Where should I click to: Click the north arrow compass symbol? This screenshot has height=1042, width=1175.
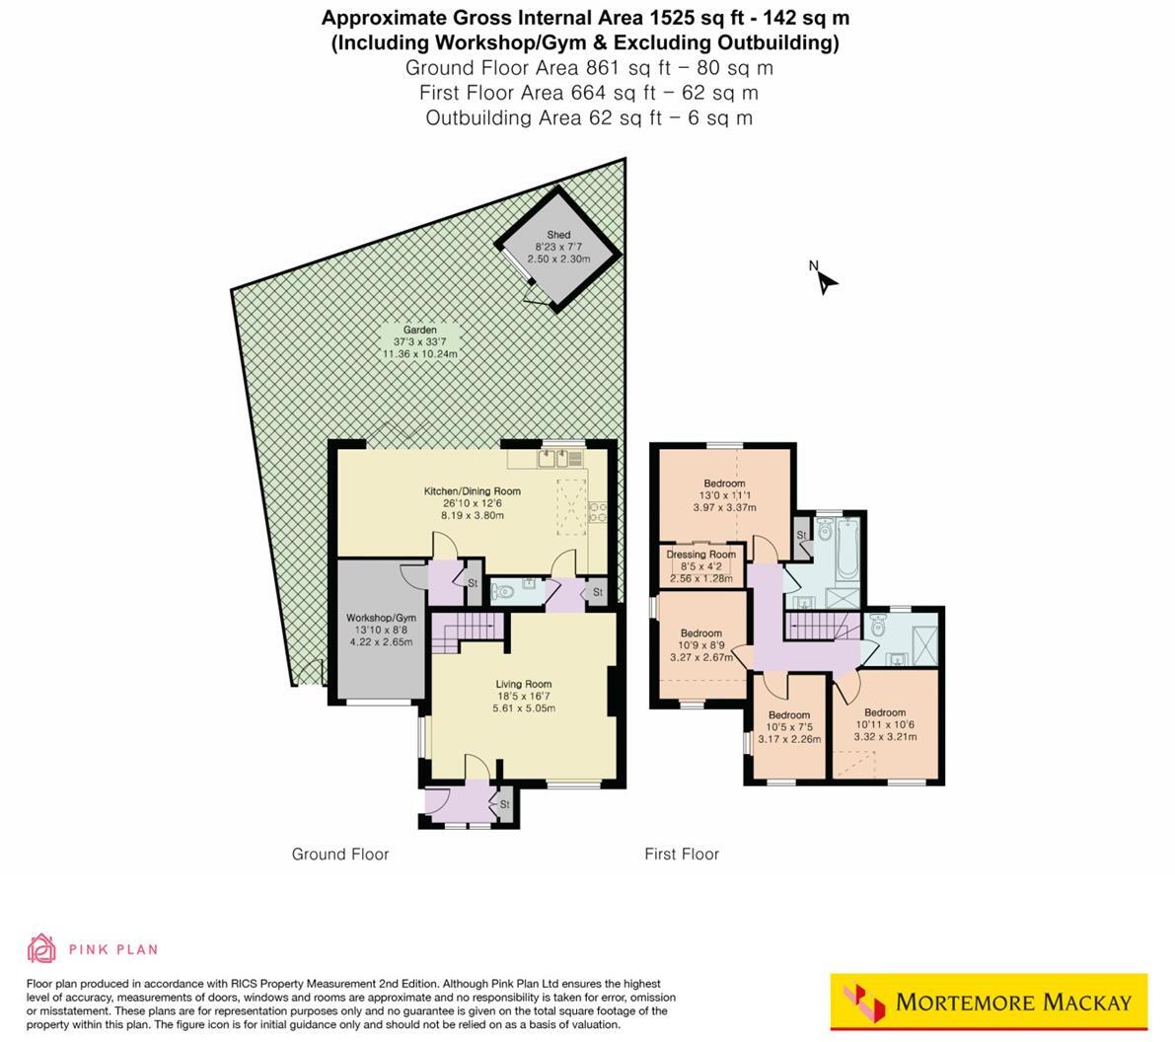(825, 279)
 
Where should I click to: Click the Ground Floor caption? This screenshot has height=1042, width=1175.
(340, 855)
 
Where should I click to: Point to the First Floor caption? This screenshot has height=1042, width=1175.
(682, 855)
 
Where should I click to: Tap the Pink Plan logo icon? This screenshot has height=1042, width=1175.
(41, 948)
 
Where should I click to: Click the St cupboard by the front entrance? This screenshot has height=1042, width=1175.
(504, 804)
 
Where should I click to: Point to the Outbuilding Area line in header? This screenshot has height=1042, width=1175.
(589, 118)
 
